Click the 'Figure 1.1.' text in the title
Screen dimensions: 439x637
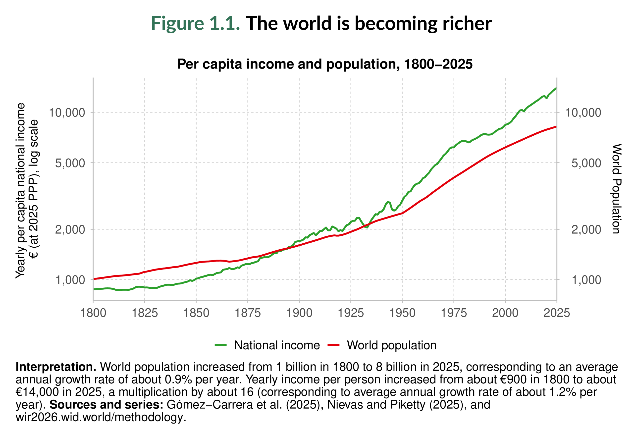195,23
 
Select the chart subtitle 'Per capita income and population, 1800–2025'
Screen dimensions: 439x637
324,64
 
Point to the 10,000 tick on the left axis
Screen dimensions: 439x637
67,112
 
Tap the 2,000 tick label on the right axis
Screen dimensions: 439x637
586,229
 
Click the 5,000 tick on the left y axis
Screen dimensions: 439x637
70,163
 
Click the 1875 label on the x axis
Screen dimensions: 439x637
248,313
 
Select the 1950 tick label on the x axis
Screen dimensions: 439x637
402,313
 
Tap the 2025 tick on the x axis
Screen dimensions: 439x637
556,313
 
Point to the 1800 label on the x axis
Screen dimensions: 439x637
93,313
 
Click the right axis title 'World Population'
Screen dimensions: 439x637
616,189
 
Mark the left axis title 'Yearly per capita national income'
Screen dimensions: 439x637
21,190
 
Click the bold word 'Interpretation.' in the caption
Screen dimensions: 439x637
56,367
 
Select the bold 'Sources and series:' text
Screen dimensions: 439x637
106,405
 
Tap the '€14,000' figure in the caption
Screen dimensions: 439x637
37,392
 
